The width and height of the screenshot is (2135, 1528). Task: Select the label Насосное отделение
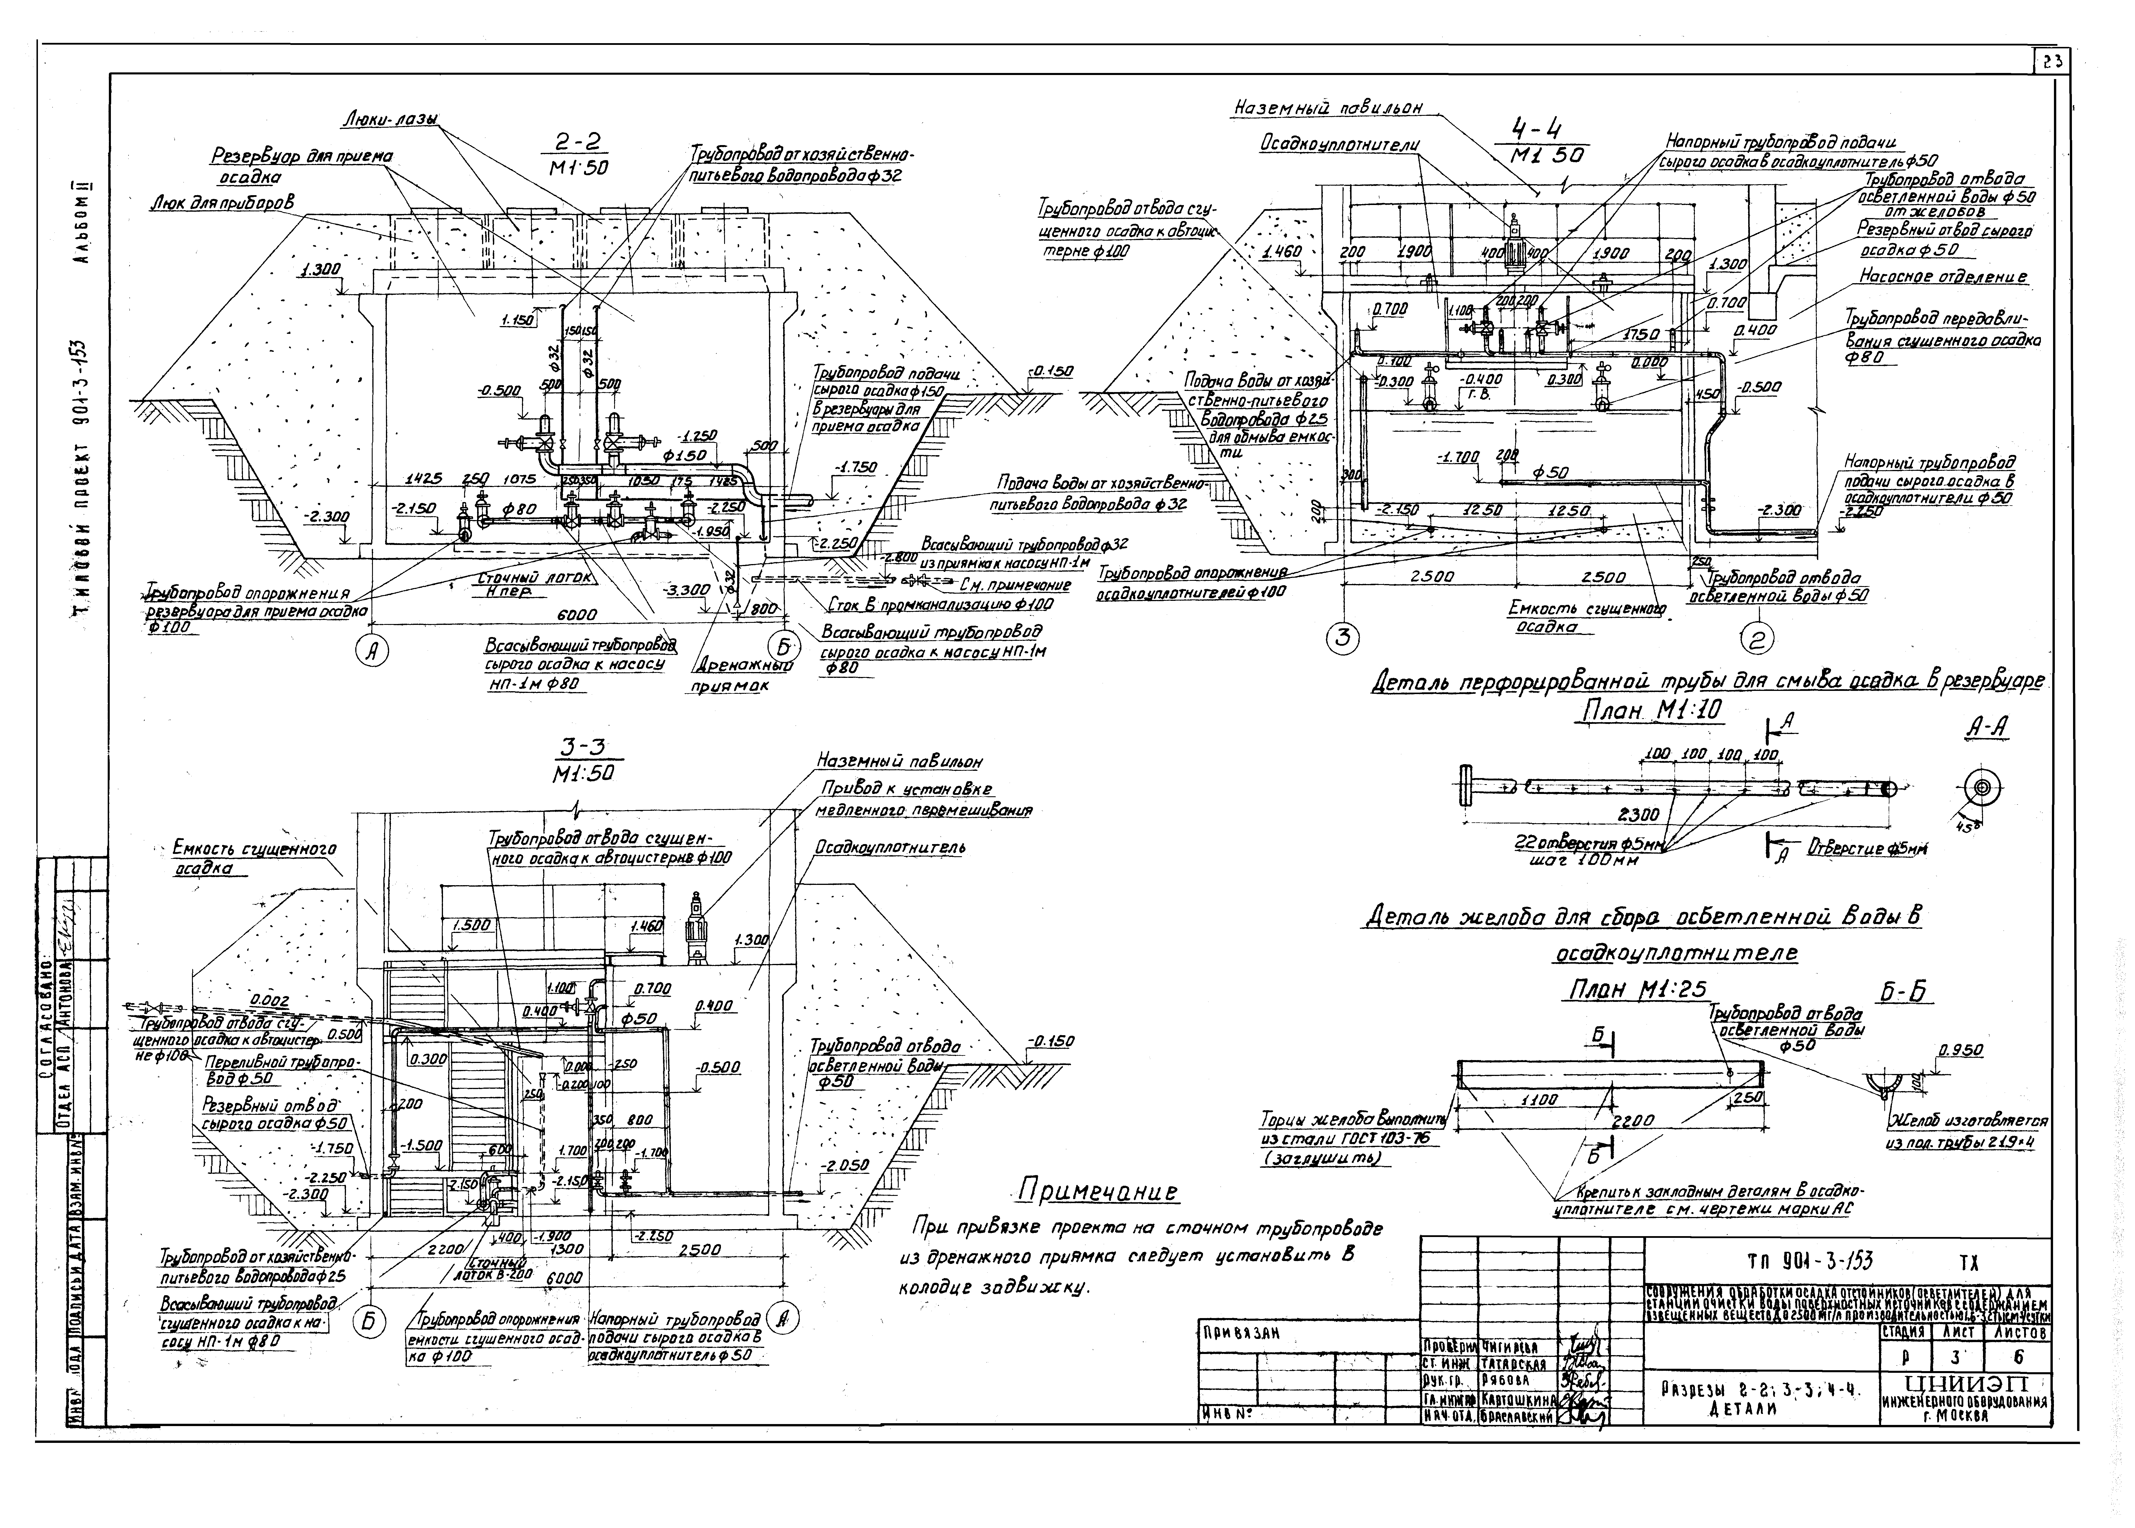pyautogui.click(x=1942, y=278)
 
